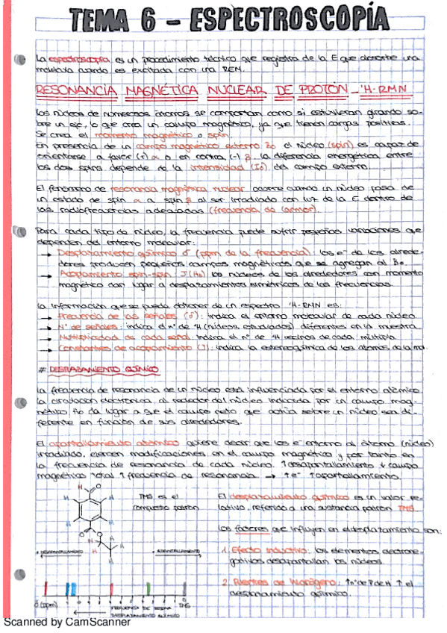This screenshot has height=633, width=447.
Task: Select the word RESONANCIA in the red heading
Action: click(x=74, y=90)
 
